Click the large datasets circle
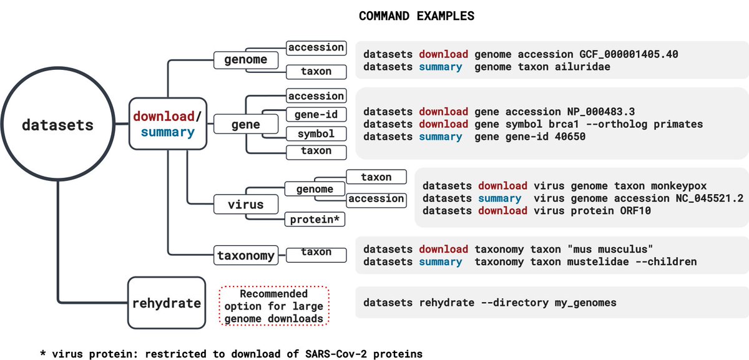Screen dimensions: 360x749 (57, 125)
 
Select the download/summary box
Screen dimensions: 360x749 (167, 124)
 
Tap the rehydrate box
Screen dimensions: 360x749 (167, 303)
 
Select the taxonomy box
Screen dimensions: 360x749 (246, 255)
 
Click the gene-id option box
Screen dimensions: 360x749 (315, 115)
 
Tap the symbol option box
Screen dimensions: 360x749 (315, 134)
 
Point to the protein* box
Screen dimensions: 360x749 (315, 219)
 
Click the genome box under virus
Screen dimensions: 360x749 (315, 189)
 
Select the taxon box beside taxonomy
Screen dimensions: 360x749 (316, 253)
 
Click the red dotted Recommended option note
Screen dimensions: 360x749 (275, 305)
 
